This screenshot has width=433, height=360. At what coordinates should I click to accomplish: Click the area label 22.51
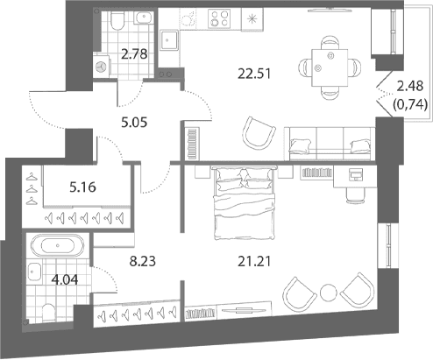click(254, 74)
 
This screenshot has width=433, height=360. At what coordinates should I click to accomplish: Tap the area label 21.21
click(254, 261)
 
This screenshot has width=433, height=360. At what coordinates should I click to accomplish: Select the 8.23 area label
click(143, 261)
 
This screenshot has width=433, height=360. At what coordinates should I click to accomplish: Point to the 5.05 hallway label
click(134, 123)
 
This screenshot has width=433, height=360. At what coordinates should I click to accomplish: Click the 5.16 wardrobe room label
click(82, 187)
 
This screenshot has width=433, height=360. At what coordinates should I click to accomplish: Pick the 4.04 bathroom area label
click(65, 280)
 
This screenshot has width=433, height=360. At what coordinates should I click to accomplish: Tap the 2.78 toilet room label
click(134, 54)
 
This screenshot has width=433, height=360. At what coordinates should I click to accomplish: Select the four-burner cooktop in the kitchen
click(219, 18)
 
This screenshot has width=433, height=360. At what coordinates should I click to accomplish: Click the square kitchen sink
click(169, 40)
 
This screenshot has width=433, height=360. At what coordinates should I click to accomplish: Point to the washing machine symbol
click(102, 67)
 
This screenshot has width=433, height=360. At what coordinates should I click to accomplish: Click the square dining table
click(330, 67)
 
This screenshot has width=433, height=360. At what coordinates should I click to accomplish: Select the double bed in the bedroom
click(245, 203)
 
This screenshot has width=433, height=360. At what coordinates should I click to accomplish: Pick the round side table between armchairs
click(329, 293)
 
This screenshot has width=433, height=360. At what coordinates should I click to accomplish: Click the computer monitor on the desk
click(356, 174)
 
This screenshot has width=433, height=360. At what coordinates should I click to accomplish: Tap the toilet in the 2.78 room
click(117, 20)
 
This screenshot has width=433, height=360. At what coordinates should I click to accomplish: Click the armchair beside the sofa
click(259, 133)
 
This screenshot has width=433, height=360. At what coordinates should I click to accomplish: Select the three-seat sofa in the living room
click(330, 144)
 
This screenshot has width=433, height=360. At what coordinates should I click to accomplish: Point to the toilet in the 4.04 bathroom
click(48, 313)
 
